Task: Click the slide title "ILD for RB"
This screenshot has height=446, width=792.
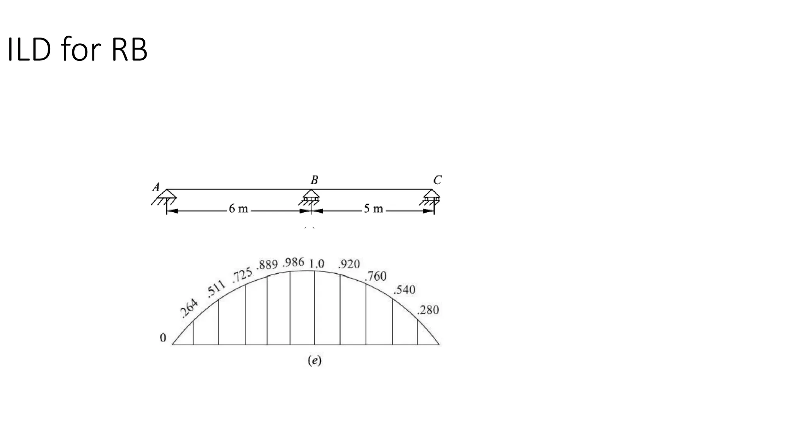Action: pyautogui.click(x=77, y=49)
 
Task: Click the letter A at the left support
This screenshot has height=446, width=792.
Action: pyautogui.click(x=156, y=187)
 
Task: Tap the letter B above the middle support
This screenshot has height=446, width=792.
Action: pyautogui.click(x=314, y=180)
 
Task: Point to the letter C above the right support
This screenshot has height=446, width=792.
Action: pyautogui.click(x=437, y=180)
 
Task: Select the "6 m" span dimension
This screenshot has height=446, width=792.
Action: pyautogui.click(x=238, y=209)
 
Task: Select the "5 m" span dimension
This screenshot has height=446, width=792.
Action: pyautogui.click(x=373, y=209)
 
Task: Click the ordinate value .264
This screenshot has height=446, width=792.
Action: pyautogui.click(x=189, y=309)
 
